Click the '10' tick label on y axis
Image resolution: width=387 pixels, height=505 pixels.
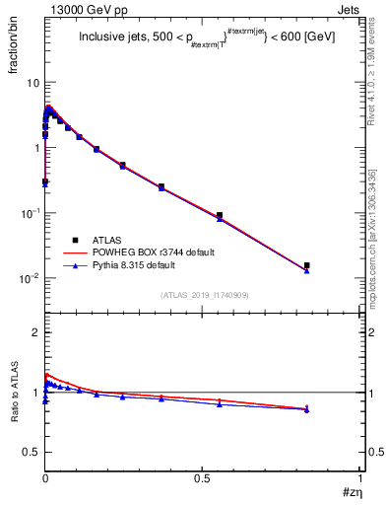point(32,83)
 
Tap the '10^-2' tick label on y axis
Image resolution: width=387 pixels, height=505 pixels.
point(30,278)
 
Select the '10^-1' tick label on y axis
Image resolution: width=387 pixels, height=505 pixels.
point(30,213)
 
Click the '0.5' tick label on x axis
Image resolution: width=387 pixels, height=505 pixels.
point(202,480)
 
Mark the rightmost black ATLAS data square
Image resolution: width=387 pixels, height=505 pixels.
point(307,265)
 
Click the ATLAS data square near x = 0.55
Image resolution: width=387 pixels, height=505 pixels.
point(220,215)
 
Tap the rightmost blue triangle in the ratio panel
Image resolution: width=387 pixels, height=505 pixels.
point(307,409)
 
